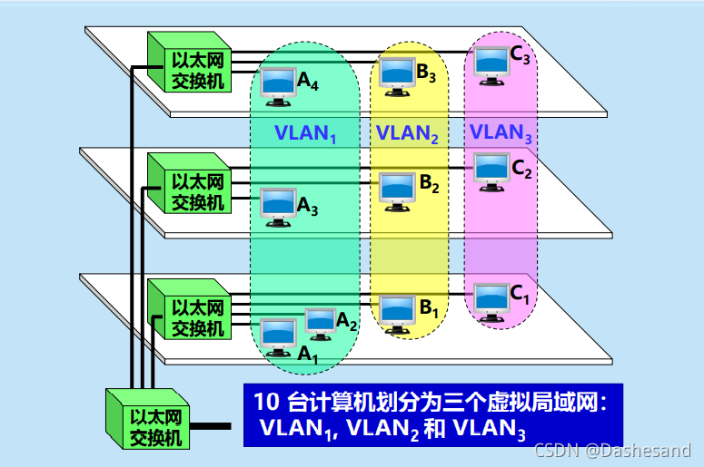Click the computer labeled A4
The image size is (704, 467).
277,83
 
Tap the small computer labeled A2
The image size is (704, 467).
320,321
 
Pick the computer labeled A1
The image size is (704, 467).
279,336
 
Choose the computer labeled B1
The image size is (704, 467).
397,312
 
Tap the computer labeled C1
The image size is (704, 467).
491,300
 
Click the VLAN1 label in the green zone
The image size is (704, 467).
305,133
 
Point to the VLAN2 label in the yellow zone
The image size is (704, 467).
408,133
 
